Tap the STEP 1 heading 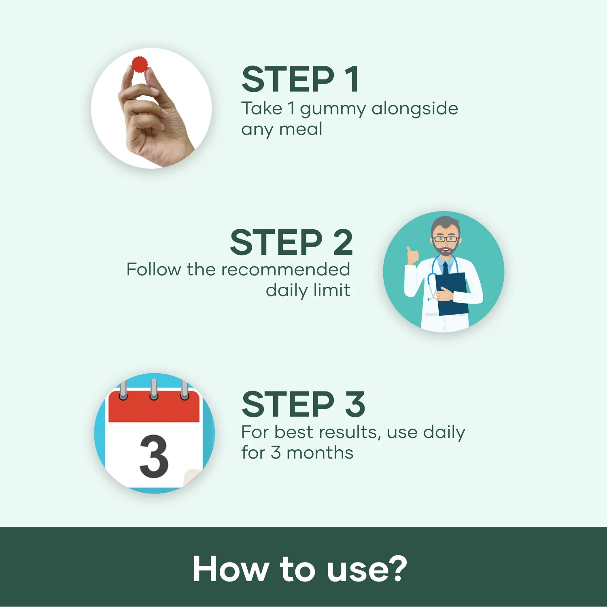click(x=300, y=79)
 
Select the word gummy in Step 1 click(x=333, y=109)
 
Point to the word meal click(x=301, y=129)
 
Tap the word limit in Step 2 click(x=334, y=290)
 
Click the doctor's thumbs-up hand click(x=412, y=256)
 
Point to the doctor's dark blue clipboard click(x=452, y=293)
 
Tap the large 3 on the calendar click(x=154, y=457)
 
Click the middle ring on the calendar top click(x=154, y=389)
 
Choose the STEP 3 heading click(x=303, y=404)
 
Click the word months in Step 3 click(x=320, y=453)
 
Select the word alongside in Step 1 click(x=415, y=108)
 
